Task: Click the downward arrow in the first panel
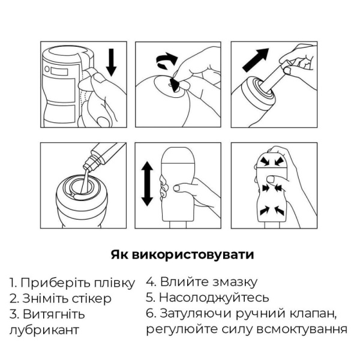(x=111, y=62)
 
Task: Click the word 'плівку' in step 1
(x=113, y=283)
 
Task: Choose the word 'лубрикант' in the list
(x=43, y=329)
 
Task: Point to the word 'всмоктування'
(x=304, y=329)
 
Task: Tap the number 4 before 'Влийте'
(x=150, y=281)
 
